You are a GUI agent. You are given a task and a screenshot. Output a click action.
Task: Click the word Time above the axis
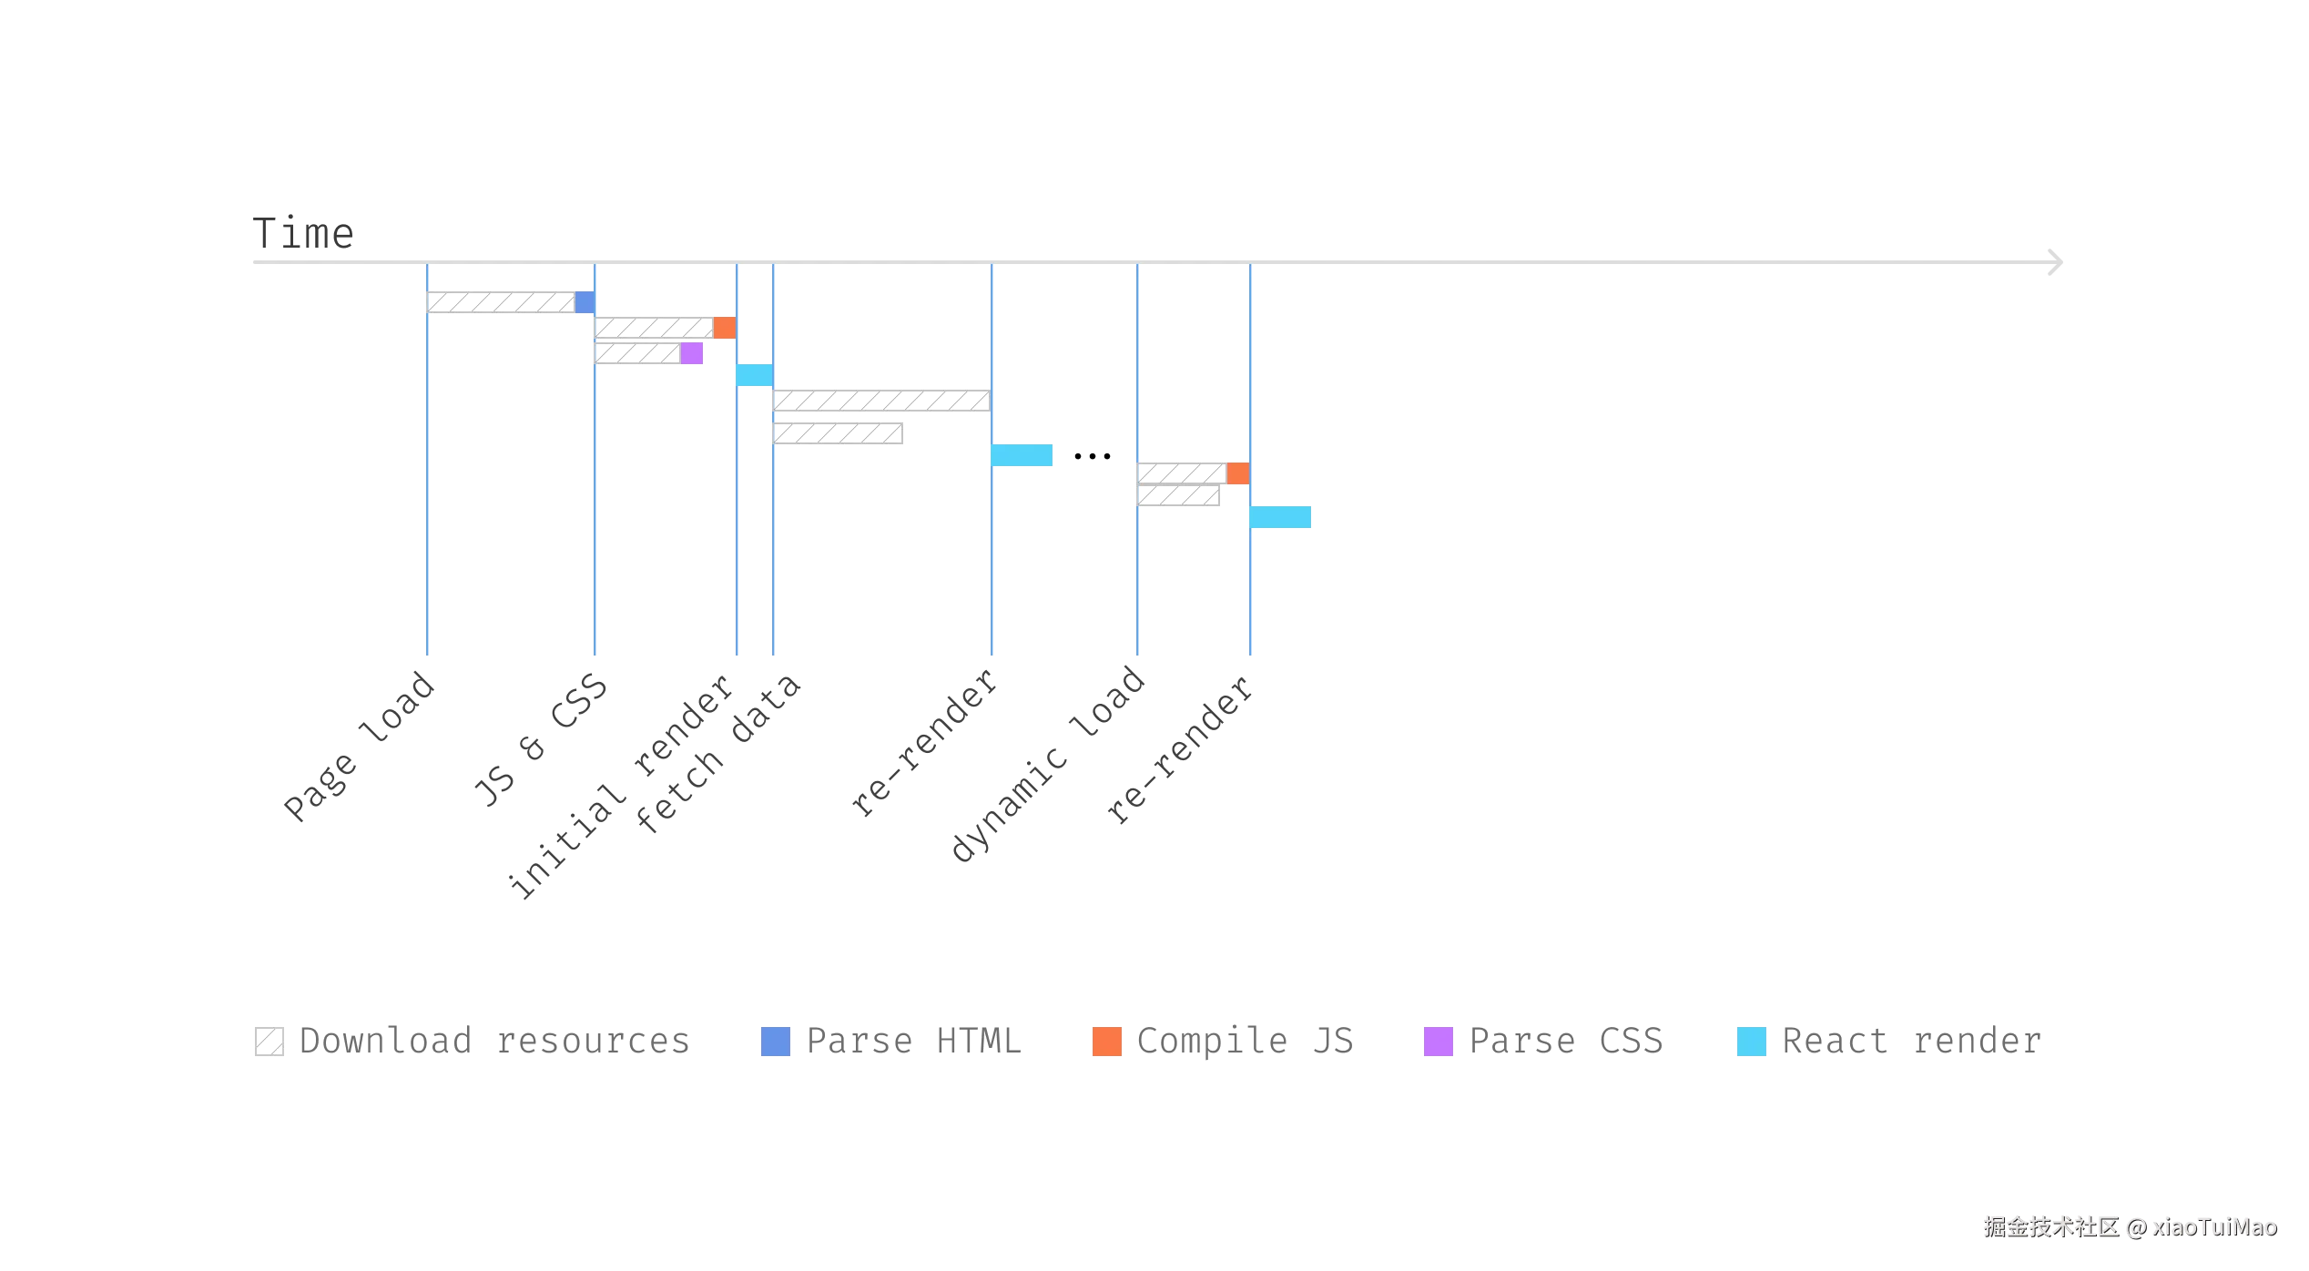pyautogui.click(x=303, y=233)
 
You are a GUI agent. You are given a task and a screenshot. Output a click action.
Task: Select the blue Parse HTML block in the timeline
pyautogui.click(x=585, y=302)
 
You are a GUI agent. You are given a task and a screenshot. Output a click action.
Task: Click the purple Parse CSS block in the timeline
pyautogui.click(x=692, y=353)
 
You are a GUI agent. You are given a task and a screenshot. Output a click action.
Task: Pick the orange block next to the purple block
pyautogui.click(x=725, y=328)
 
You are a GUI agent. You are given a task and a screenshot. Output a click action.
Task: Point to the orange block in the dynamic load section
pyautogui.click(x=1238, y=473)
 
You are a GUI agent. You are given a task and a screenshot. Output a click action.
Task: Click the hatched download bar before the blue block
pyautogui.click(x=501, y=302)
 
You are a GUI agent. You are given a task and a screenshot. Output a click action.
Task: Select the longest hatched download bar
pyautogui.click(x=881, y=401)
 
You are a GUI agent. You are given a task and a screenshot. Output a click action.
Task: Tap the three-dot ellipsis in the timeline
pyautogui.click(x=1092, y=456)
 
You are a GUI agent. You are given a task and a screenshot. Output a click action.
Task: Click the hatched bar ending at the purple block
pyautogui.click(x=637, y=353)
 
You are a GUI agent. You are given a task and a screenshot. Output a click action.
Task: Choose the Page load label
pyautogui.click(x=359, y=747)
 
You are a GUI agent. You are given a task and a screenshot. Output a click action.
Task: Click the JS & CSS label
pyautogui.click(x=540, y=740)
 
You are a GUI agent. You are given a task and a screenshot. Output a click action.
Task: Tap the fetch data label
pyautogui.click(x=718, y=754)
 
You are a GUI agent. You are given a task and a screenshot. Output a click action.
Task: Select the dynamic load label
pyautogui.click(x=1048, y=763)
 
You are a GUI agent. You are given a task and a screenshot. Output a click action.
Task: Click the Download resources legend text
pyautogui.click(x=494, y=1041)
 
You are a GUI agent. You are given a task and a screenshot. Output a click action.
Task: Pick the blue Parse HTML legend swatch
pyautogui.click(x=776, y=1042)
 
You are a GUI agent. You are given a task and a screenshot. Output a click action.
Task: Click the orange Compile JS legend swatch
pyautogui.click(x=1107, y=1042)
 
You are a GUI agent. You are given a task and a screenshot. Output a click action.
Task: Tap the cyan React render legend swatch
pyautogui.click(x=1752, y=1042)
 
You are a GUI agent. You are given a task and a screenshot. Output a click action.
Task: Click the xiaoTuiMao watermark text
pyautogui.click(x=2214, y=1227)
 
